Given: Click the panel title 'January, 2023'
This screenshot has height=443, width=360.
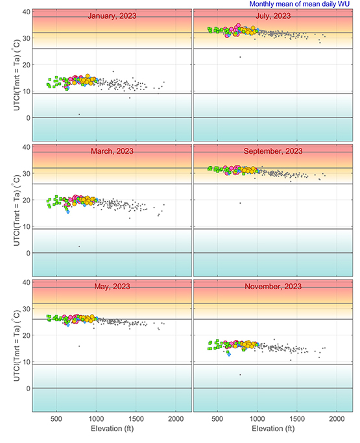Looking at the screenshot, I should coord(112,16).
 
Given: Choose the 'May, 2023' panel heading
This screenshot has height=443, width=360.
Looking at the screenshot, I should coord(112,287).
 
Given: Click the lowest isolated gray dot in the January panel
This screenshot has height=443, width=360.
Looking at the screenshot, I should coord(79,114).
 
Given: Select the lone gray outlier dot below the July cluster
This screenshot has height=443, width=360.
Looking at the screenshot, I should coord(240,57).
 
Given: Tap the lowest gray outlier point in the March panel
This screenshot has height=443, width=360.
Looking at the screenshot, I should coord(79,246).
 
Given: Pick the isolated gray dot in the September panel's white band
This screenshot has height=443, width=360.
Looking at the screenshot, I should coord(240,203).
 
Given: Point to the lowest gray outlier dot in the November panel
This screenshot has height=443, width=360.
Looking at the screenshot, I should coord(240,374).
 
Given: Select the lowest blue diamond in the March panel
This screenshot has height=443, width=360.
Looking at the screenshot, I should coord(67,212).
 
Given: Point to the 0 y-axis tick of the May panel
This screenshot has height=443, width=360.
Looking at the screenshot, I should coord(27,389).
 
